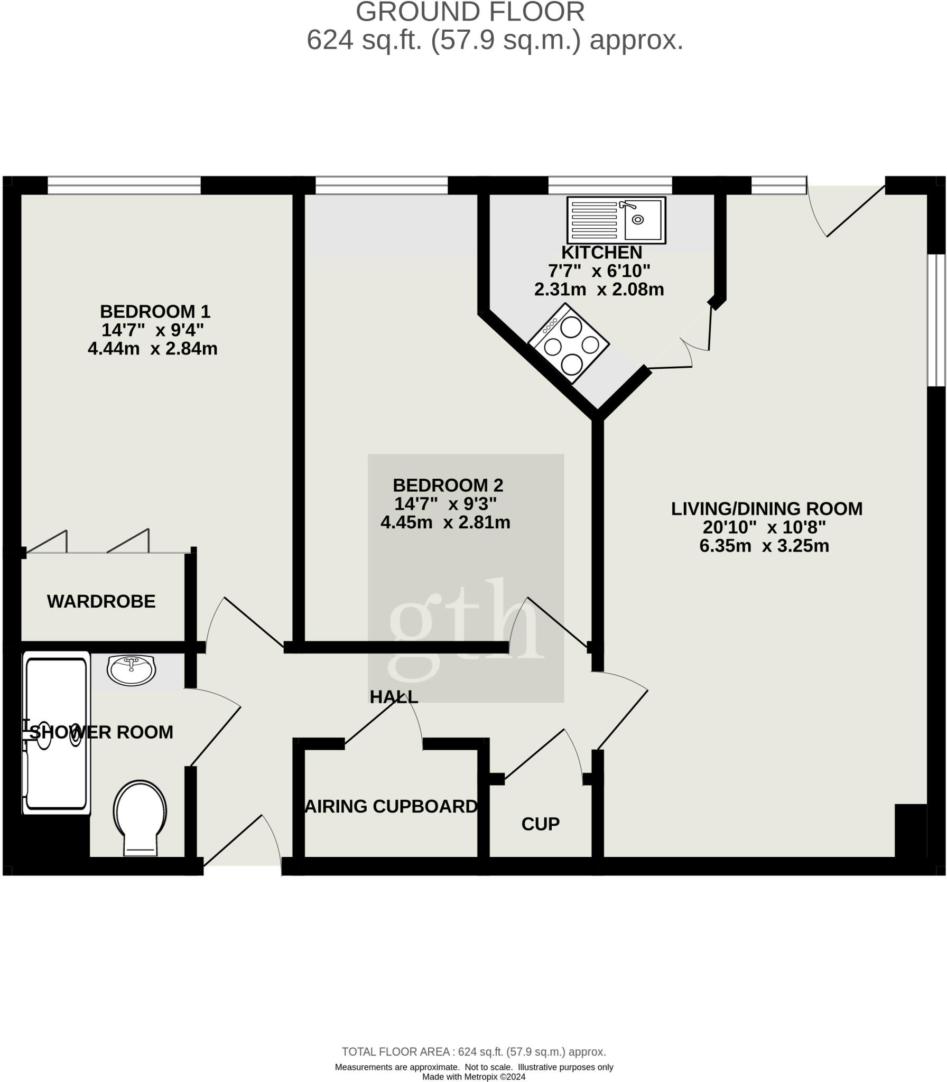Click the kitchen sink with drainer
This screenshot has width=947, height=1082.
pyautogui.click(x=616, y=220)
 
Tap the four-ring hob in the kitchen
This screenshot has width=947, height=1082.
pyautogui.click(x=569, y=343)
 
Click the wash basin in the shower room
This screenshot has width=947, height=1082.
pyautogui.click(x=131, y=670)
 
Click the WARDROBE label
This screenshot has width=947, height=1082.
pyautogui.click(x=101, y=601)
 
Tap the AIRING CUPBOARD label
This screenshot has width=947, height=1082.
pyautogui.click(x=392, y=806)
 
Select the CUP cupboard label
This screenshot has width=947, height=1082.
pyautogui.click(x=540, y=824)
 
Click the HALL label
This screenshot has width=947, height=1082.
pyautogui.click(x=394, y=697)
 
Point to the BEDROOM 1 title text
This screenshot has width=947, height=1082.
pyautogui.click(x=155, y=311)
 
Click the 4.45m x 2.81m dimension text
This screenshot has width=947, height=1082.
pyautogui.click(x=445, y=523)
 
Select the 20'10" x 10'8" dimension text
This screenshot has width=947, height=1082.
pyautogui.click(x=764, y=527)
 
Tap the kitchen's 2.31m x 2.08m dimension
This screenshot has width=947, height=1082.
pyautogui.click(x=599, y=290)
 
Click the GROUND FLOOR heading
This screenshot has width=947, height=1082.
pyautogui.click(x=470, y=12)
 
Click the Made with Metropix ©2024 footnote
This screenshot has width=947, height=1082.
pyautogui.click(x=473, y=1077)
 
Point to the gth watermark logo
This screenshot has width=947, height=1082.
pyautogui.click(x=466, y=629)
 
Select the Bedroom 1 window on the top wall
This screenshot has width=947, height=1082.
pyautogui.click(x=124, y=185)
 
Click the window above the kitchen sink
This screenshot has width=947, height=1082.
pyautogui.click(x=610, y=185)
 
